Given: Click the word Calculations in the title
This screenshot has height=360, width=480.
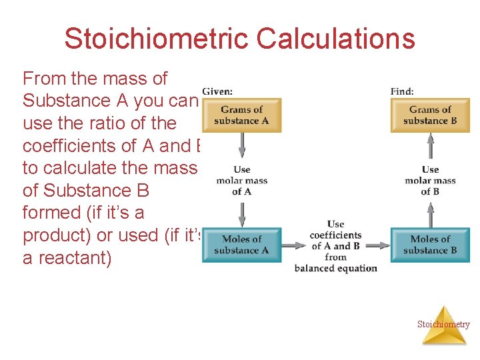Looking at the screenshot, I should click(335, 39).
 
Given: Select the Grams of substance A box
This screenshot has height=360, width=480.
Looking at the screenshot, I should click(241, 115).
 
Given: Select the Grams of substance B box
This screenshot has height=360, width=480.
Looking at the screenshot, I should click(430, 115).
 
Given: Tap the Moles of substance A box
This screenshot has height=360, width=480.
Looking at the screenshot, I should click(241, 245).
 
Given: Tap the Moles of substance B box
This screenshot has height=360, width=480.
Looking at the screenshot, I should click(430, 245).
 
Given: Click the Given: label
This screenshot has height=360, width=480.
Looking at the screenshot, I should click(217, 91).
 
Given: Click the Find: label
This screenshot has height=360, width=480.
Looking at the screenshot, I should click(402, 91).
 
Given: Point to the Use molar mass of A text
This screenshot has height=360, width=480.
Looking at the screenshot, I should click(242, 181).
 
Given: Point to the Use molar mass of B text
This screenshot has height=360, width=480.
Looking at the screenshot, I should click(430, 181).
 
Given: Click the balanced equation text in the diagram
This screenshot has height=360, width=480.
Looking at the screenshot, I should click(336, 268).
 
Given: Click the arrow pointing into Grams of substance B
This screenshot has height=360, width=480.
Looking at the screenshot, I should click(431, 145).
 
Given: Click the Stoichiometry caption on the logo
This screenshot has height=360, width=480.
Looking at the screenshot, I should click(443, 325).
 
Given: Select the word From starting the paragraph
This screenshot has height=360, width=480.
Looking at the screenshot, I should click(44, 79).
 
